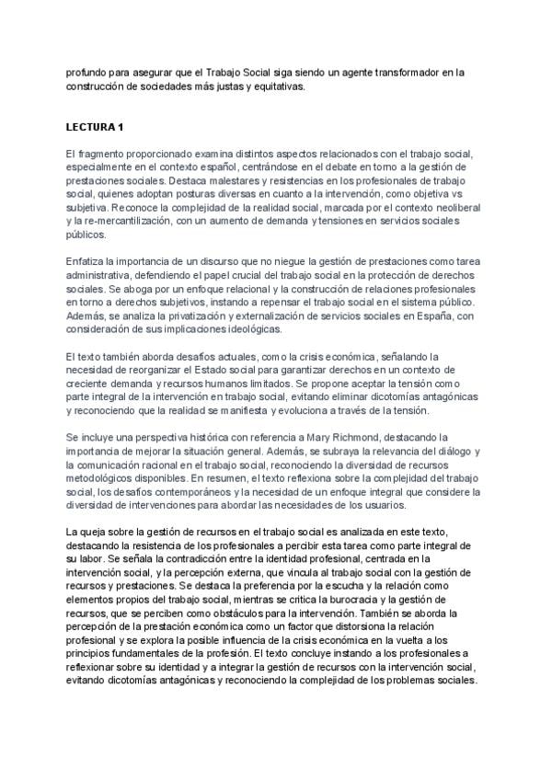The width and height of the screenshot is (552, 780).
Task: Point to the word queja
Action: click(x=98, y=533)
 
